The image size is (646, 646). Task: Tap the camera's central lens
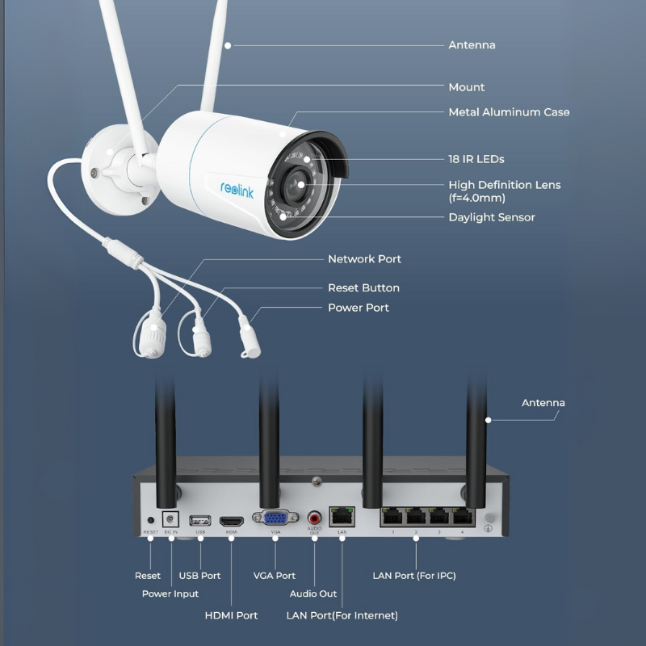[x=300, y=184]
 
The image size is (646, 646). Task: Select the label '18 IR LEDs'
[x=476, y=159]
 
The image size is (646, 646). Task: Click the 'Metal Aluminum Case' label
[x=509, y=112]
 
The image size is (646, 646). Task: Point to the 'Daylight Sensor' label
[x=491, y=217]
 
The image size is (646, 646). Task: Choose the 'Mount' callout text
[x=467, y=87]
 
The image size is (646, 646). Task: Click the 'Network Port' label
[x=364, y=259]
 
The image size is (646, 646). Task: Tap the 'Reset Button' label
[x=363, y=287]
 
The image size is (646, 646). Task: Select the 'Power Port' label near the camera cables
[x=358, y=308]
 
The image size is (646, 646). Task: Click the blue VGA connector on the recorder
[x=274, y=518]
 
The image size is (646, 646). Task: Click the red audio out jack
[x=315, y=518]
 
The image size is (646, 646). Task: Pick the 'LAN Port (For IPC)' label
[x=414, y=576]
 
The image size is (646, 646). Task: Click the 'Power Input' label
[x=170, y=594]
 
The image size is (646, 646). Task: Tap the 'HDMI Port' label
[x=231, y=615]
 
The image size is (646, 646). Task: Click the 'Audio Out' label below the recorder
[x=313, y=594]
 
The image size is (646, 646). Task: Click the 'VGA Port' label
[x=274, y=576]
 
